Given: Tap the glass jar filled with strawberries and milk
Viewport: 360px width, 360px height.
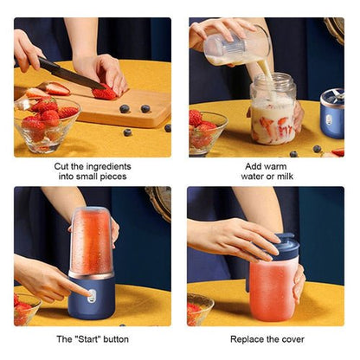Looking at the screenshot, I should [273, 111].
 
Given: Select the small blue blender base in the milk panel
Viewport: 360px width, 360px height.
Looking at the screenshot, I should [331, 115].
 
